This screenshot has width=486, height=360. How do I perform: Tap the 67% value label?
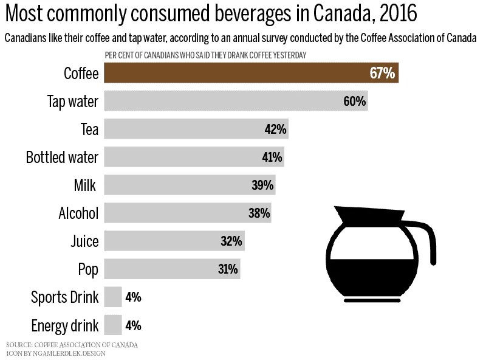coord(383,74)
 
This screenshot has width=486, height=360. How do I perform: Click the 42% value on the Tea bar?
coord(275,129)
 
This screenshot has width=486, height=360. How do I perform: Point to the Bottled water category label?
coord(62,157)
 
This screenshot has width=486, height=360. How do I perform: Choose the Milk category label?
coord(84,185)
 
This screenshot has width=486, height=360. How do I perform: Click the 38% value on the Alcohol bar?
coord(259,213)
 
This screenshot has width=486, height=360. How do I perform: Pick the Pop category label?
coord(88,269)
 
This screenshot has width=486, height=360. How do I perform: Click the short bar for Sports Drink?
coord(113,297)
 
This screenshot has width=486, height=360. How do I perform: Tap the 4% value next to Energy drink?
coord(133,325)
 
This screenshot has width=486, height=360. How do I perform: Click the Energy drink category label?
coord(65,325)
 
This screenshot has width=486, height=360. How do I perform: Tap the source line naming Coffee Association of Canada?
coord(72,345)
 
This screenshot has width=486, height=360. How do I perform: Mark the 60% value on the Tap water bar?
coord(354,102)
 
